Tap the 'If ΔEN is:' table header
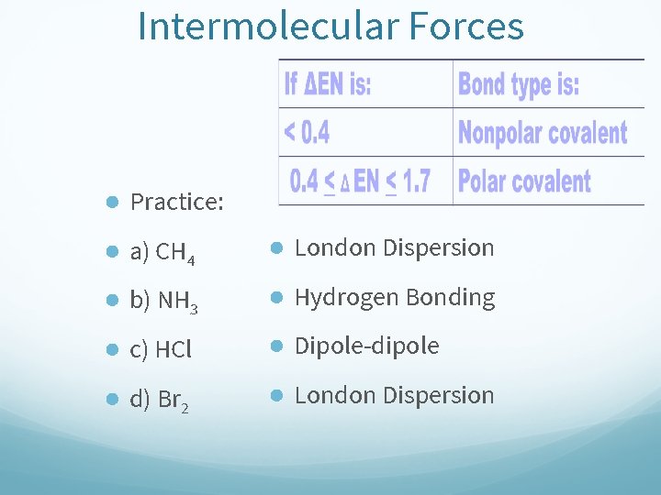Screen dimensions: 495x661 [328, 84]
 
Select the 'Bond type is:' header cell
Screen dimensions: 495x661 [519, 84]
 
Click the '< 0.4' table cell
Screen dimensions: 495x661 [307, 133]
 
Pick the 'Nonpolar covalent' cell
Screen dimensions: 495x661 [543, 133]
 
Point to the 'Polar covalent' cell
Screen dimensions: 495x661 [524, 181]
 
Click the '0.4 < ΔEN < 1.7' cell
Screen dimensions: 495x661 [360, 181]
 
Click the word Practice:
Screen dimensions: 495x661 [177, 202]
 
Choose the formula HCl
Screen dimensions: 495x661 [174, 349]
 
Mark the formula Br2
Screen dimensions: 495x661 [174, 400]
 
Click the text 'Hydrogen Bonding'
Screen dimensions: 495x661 [395, 297]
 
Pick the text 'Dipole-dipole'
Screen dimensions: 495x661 [366, 346]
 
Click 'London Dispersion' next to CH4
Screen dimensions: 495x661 [394, 247]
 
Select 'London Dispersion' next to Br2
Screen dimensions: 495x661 [394, 395]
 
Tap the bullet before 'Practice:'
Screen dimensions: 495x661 [110, 202]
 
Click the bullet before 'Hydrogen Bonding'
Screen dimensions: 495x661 [274, 297]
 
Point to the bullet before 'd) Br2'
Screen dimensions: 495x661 [110, 399]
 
